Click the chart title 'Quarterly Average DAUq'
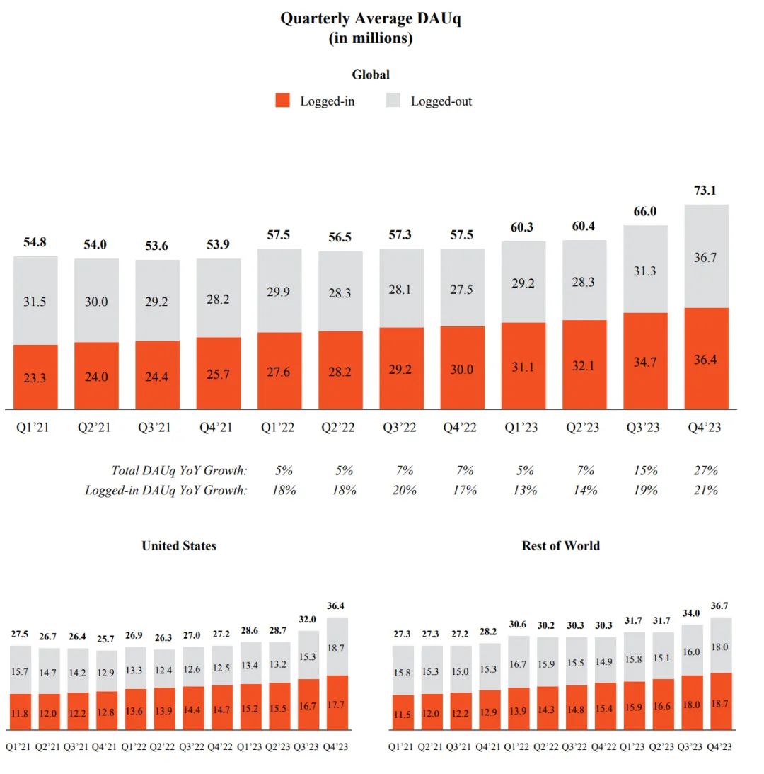coord(370,19)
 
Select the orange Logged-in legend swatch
coord(283,101)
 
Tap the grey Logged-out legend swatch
coord(394,101)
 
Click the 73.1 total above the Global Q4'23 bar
coord(706,190)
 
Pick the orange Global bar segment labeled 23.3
coord(35,377)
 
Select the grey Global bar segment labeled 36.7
coord(706,256)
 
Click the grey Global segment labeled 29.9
coord(279,290)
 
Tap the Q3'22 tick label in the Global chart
coord(400,427)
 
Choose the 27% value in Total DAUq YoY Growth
coord(706,470)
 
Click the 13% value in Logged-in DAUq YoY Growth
coord(523,490)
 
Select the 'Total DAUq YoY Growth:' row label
coord(179,470)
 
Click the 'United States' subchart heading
coord(179,545)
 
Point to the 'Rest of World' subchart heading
coord(560,545)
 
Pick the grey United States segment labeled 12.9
coord(106,671)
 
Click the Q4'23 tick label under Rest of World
coord(720,746)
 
